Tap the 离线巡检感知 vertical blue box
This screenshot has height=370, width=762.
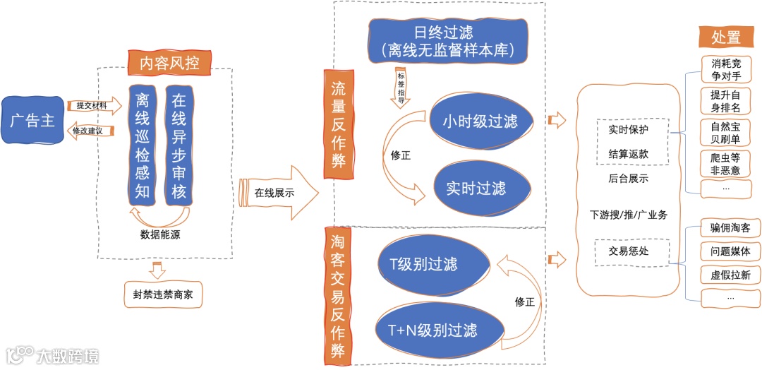coord(143,145)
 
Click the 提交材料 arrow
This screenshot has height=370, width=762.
coord(91,105)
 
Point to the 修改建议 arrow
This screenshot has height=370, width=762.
coord(91,131)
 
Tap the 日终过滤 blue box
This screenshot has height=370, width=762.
coord(449,40)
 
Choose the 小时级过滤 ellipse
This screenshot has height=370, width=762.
coord(480,121)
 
